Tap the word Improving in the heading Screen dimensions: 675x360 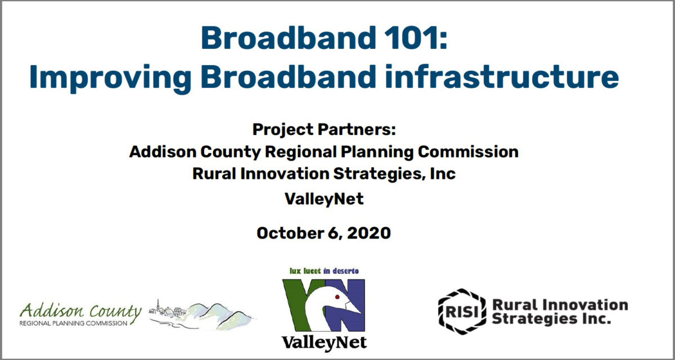point(110,78)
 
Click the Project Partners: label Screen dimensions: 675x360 point(324,129)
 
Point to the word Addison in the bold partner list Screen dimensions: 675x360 point(163,151)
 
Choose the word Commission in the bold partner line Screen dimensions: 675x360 point(468,151)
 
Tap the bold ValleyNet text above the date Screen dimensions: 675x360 point(324,199)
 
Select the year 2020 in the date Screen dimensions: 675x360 point(369,233)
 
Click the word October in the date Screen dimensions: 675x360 point(290,233)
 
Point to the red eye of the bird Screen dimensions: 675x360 point(337,297)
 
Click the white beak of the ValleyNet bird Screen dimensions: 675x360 point(353,307)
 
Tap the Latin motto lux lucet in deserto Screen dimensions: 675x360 point(324,271)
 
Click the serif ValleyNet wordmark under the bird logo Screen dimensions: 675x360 point(324,343)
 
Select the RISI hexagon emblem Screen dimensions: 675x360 point(462,312)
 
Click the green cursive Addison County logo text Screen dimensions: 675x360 point(80,311)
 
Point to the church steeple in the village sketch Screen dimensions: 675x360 point(157,305)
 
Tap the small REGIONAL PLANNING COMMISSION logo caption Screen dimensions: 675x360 point(73,323)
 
